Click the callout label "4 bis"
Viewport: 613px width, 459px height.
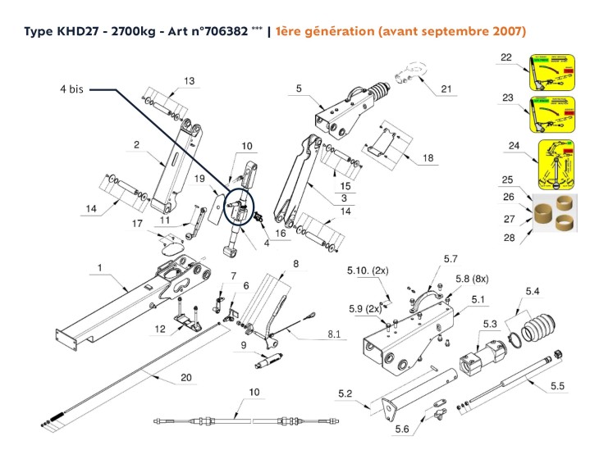click(72, 88)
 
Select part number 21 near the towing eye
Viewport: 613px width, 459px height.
click(446, 89)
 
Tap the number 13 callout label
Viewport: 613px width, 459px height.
click(190, 80)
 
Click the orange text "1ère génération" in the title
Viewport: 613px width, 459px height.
click(323, 31)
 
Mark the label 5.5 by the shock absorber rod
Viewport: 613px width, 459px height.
click(557, 384)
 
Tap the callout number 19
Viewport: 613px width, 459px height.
click(199, 178)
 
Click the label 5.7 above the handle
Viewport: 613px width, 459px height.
click(450, 259)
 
